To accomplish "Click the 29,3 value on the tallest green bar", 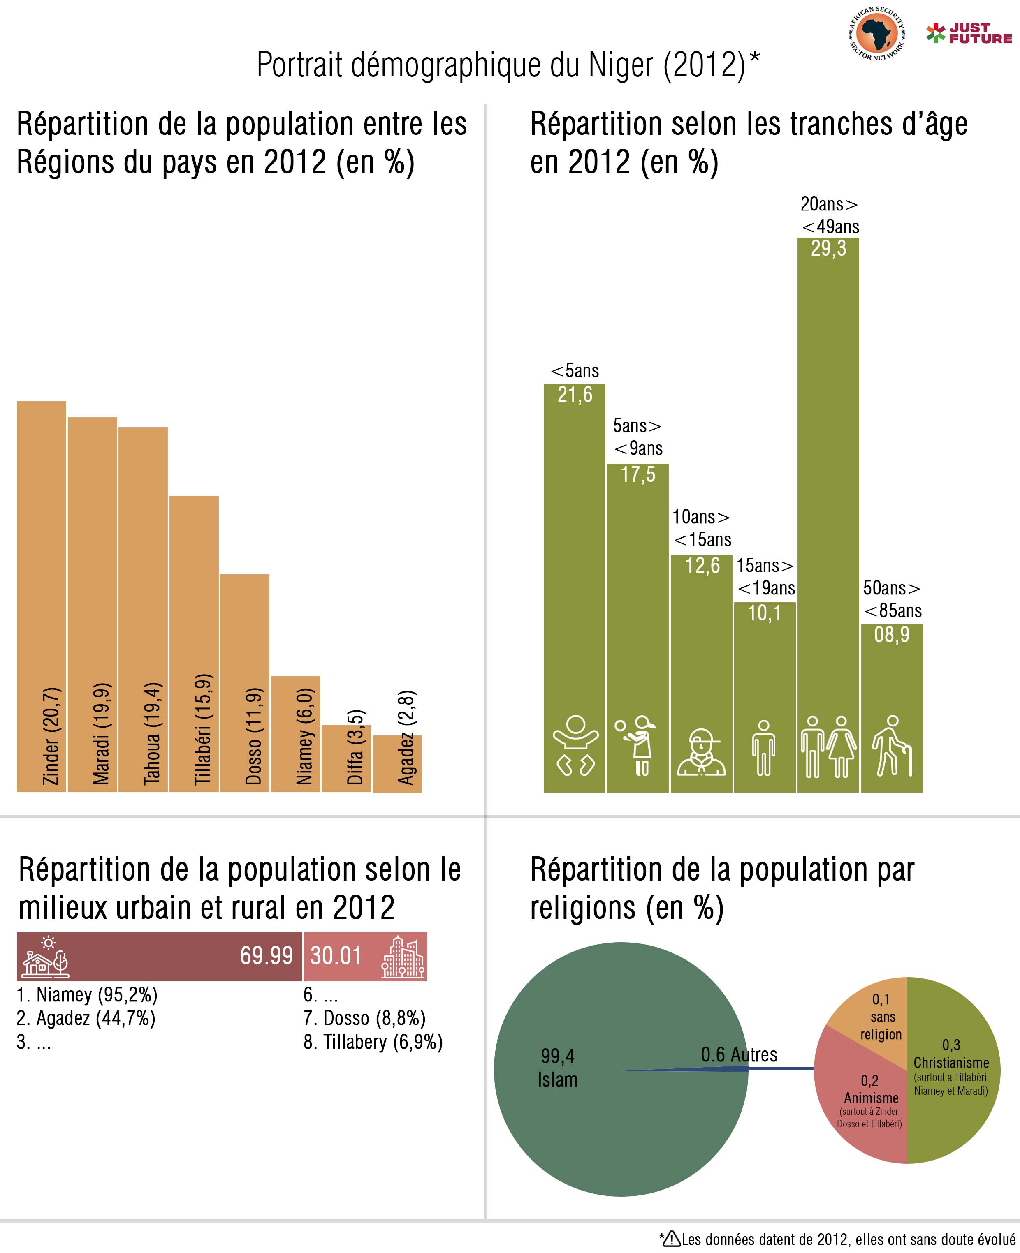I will tap(828, 249).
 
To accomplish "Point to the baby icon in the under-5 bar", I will tap(575, 746).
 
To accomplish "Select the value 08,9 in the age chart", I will tap(891, 635).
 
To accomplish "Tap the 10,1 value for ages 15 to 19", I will tap(765, 613).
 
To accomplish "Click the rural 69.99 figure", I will tap(266, 956).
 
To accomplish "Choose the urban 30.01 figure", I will tap(336, 956).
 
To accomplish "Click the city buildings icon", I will tap(403, 957).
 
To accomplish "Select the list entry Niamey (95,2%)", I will tap(87, 995).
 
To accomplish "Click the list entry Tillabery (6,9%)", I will tap(373, 1042).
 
